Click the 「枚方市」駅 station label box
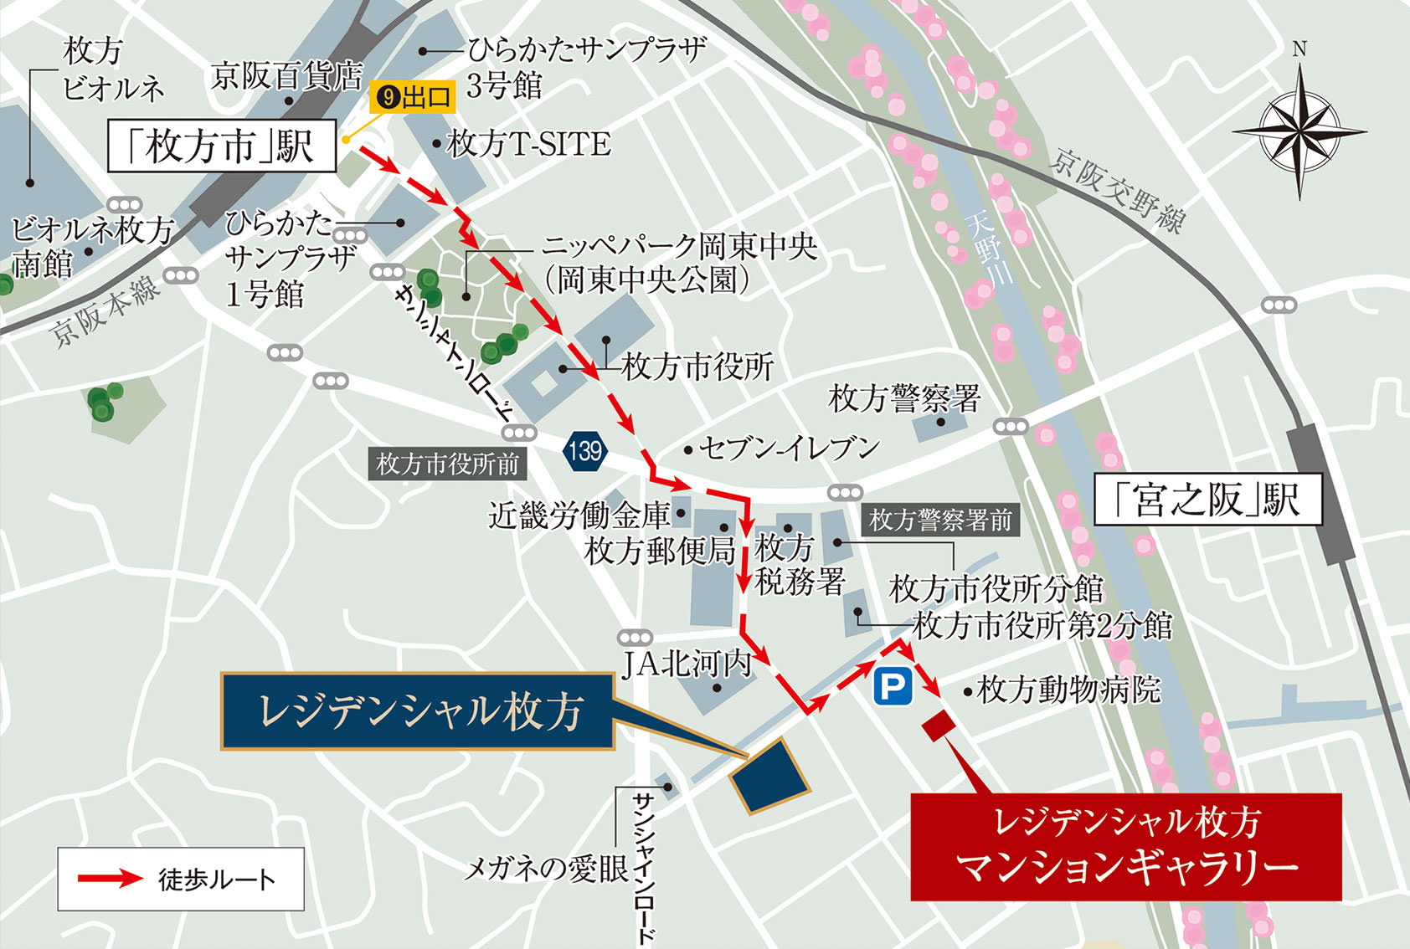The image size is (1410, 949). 222,146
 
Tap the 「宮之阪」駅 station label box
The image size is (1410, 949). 1207,500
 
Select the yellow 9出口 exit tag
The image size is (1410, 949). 413,98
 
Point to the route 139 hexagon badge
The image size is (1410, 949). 584,451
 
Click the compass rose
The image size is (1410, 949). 1299,132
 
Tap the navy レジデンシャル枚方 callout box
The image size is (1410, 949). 418,711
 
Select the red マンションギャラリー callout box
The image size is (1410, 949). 1125,846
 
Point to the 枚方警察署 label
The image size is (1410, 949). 904,398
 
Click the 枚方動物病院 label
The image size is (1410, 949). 1068,690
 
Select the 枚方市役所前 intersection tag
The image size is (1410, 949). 447,464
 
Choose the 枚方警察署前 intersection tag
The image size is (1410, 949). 940,520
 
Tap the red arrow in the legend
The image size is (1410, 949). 111,879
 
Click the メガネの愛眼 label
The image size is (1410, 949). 546,869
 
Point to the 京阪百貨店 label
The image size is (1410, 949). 286,76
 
